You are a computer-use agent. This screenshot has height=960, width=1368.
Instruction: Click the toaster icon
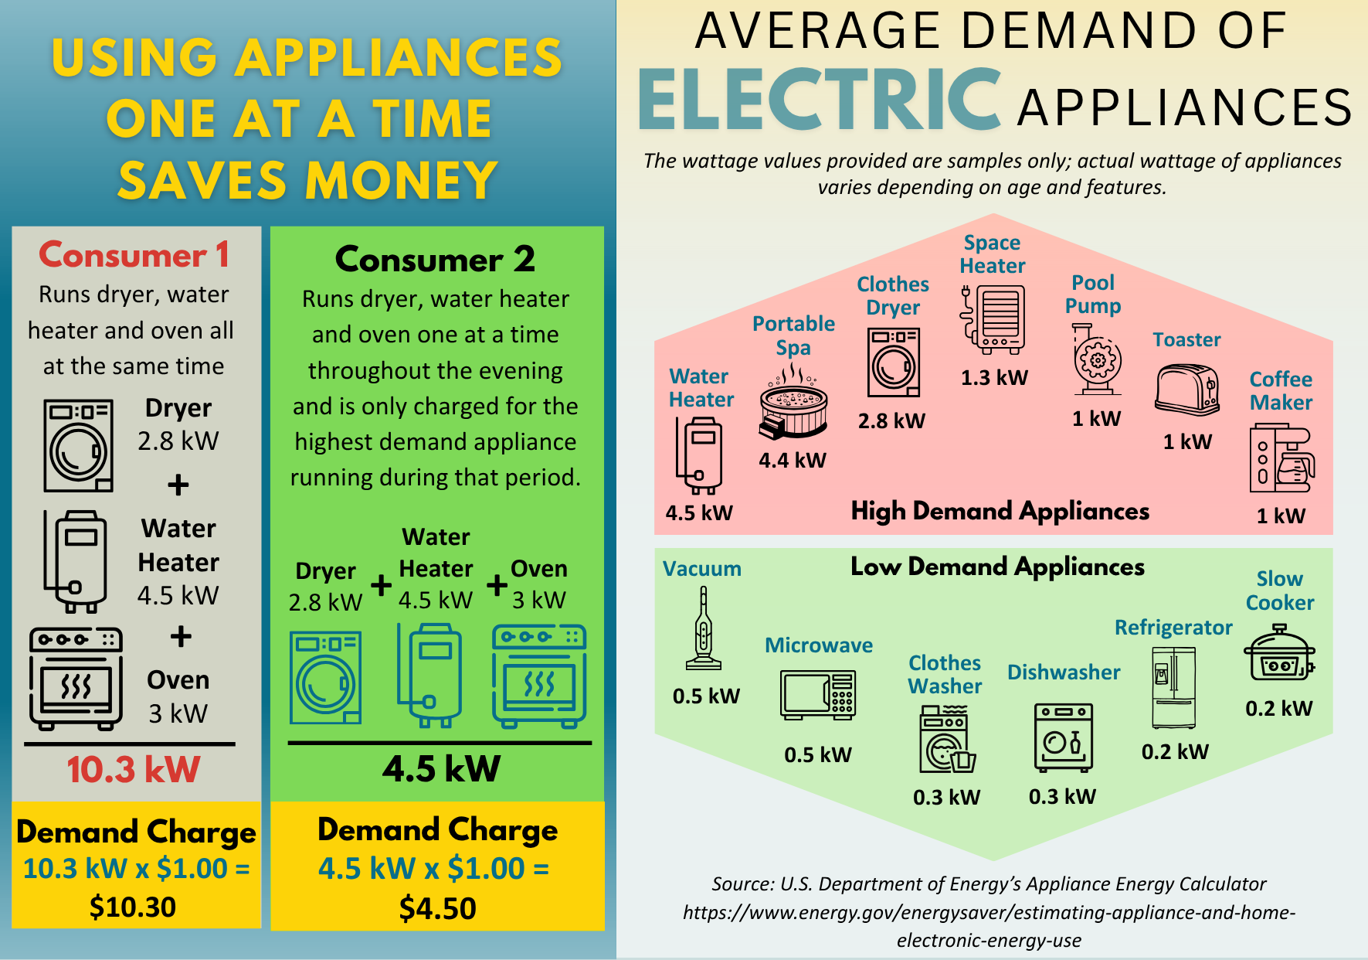[x=1186, y=390]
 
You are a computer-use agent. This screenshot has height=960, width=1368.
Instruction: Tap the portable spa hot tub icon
[x=793, y=402]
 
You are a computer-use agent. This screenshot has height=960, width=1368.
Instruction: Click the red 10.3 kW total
[x=133, y=770]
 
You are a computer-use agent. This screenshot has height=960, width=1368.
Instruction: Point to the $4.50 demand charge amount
[x=437, y=908]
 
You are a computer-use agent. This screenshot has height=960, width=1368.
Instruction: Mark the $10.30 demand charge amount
[x=133, y=907]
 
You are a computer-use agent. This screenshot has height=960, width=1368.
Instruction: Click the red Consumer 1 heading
[x=134, y=255]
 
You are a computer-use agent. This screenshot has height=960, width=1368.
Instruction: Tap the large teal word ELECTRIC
[x=820, y=101]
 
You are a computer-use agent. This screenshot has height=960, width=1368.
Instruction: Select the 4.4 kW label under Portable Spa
[x=793, y=461]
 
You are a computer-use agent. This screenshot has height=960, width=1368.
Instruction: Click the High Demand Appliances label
[x=1000, y=511]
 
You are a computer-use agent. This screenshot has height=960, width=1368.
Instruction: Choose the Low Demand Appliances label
[x=997, y=567]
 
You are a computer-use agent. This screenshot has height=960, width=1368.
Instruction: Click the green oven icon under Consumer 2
[x=539, y=676]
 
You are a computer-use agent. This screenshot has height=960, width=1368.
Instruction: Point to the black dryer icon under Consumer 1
[x=79, y=446]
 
